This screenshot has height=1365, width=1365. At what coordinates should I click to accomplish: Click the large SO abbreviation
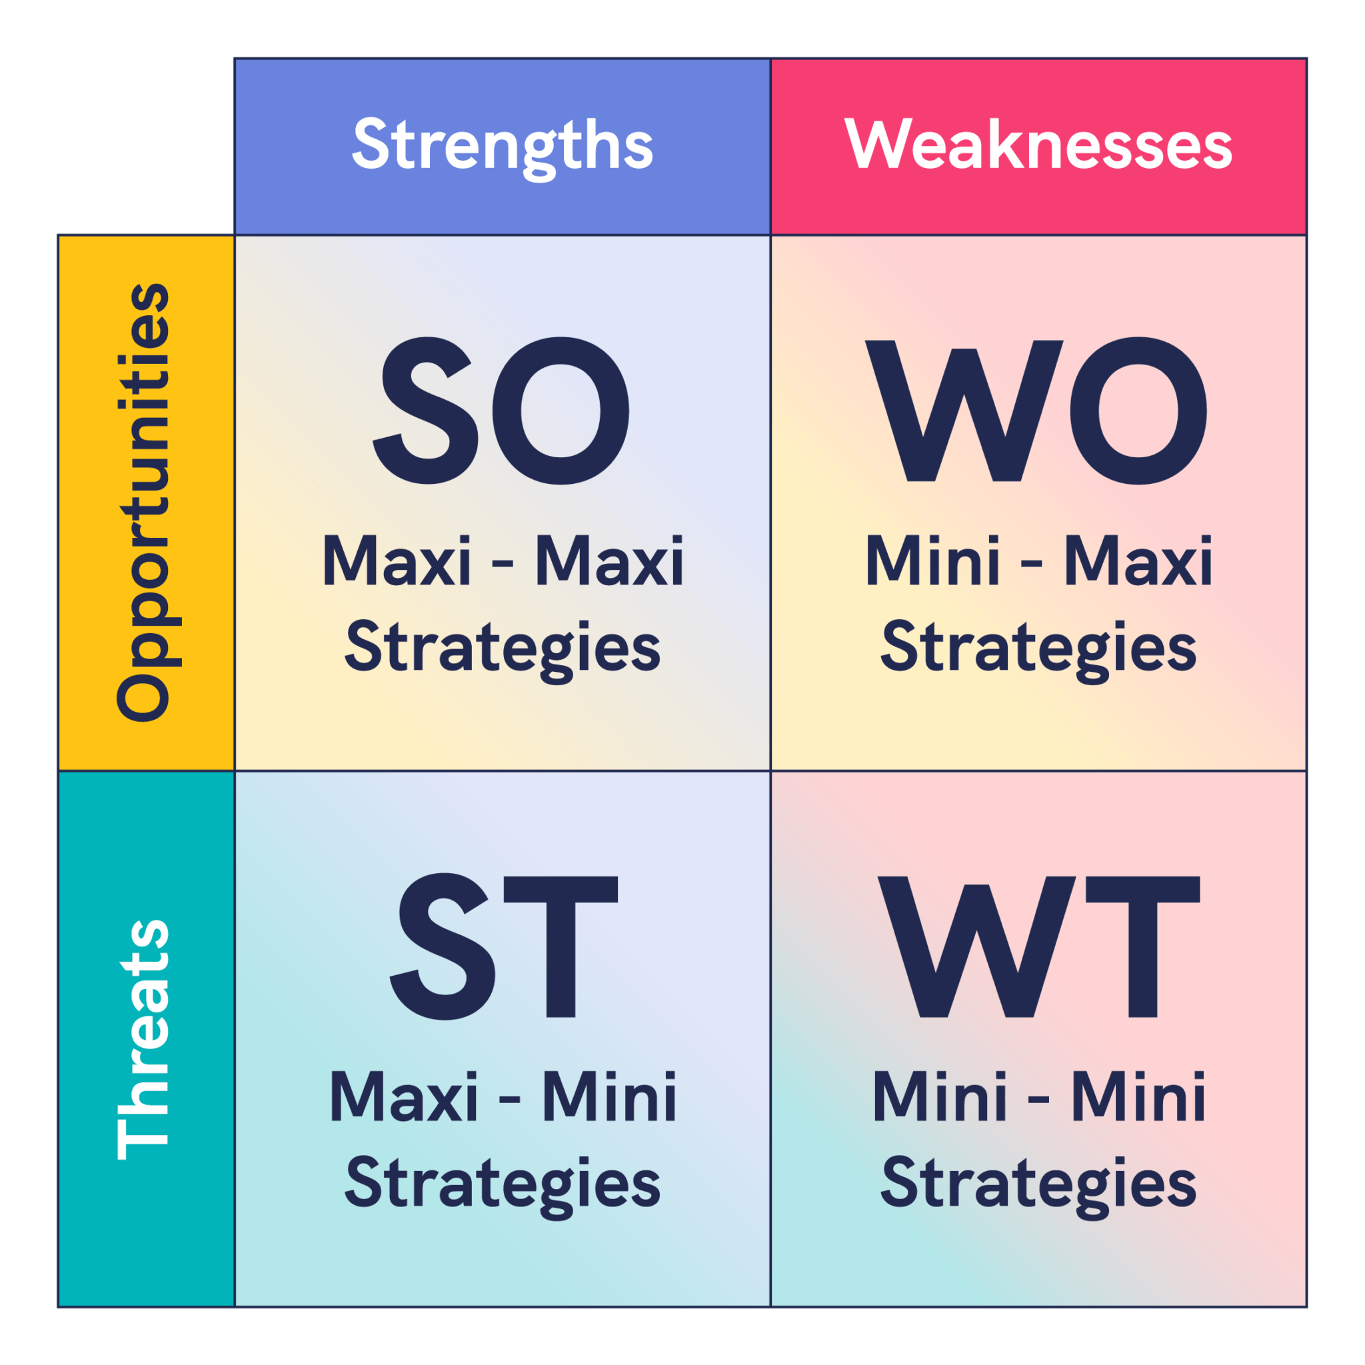point(502,411)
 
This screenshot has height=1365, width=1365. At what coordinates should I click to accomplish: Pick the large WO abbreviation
point(1037,411)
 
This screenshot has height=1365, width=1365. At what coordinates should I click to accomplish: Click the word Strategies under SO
point(503,649)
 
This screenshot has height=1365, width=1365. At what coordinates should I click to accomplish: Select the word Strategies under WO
point(1038,649)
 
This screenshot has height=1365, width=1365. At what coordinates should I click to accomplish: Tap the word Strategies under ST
point(503,1185)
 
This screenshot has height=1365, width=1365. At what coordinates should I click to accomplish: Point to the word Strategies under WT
point(1038,1185)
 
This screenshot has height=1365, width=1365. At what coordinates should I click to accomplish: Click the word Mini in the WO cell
point(932,562)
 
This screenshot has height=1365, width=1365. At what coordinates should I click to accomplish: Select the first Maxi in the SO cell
point(397,562)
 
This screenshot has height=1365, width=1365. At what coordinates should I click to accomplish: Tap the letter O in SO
point(561,411)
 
